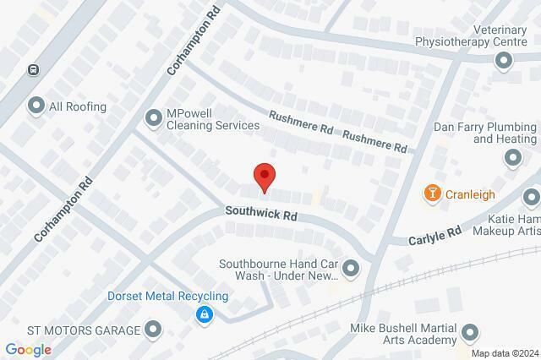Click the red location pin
pyautogui.click(x=265, y=176)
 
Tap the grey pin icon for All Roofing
pyautogui.click(x=36, y=106)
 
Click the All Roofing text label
pyautogui.click(x=78, y=106)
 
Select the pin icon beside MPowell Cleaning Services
pyautogui.click(x=153, y=119)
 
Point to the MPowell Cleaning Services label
pyautogui.click(x=213, y=119)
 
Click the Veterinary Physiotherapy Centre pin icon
pyautogui.click(x=505, y=60)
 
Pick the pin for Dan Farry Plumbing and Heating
pyautogui.click(x=513, y=157)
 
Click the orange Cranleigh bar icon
pyautogui.click(x=433, y=194)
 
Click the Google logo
pyautogui.click(x=28, y=350)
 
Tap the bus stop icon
pyautogui.click(x=33, y=71)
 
